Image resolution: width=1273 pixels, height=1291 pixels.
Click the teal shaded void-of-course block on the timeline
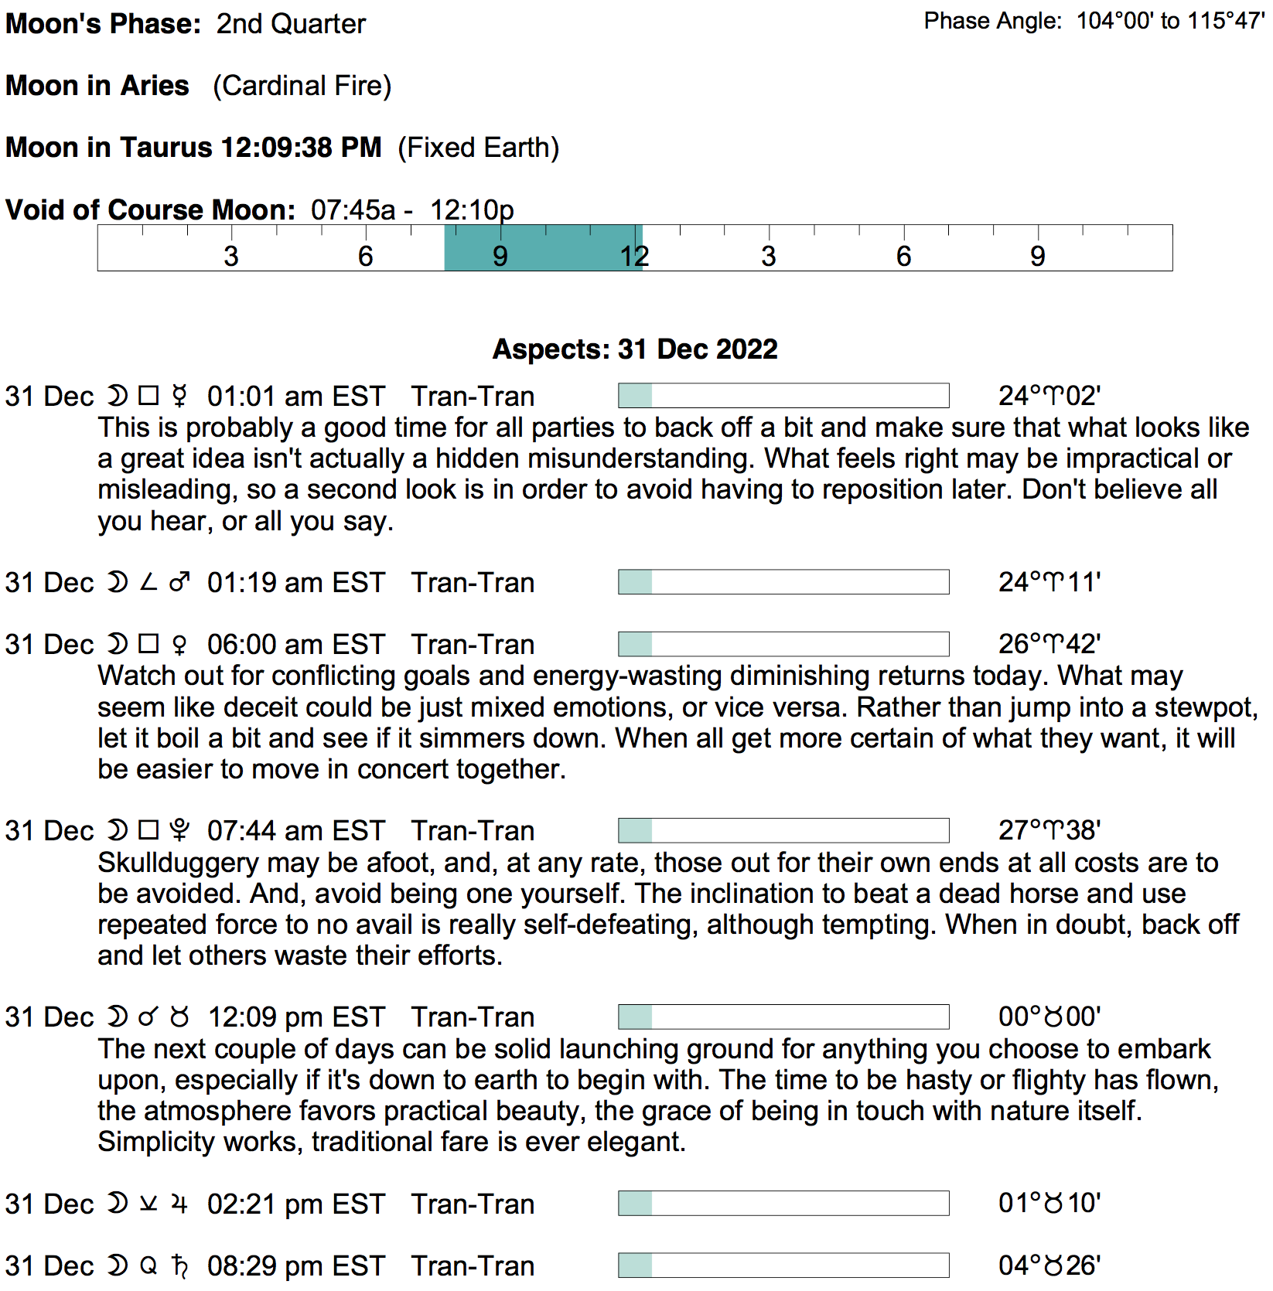(x=543, y=247)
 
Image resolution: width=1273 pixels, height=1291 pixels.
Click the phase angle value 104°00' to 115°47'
(x=1170, y=21)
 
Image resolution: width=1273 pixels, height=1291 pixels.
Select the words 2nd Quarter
(x=291, y=24)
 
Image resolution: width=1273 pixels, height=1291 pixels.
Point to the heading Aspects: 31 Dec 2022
(x=635, y=349)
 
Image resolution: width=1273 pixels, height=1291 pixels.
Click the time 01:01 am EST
(x=296, y=396)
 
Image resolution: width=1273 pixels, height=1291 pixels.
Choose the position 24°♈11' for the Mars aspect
(x=1049, y=581)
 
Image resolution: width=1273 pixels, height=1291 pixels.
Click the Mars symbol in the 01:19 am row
(x=179, y=582)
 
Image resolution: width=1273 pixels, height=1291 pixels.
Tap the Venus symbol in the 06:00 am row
(x=179, y=645)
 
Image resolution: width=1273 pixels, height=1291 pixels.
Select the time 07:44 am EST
(x=296, y=830)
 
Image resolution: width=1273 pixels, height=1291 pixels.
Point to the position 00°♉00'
(x=1049, y=1016)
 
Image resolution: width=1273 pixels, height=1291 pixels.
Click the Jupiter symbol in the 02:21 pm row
(x=179, y=1204)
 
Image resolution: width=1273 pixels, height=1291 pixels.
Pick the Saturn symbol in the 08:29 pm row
(x=179, y=1265)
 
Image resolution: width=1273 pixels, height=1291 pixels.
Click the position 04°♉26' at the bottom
(x=1049, y=1265)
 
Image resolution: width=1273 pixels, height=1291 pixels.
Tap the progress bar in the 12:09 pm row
(x=783, y=1017)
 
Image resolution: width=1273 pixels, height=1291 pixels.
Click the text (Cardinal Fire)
(x=302, y=86)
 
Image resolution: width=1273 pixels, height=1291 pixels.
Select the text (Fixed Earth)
(x=479, y=148)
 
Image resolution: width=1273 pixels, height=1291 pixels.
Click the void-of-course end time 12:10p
(x=472, y=209)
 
